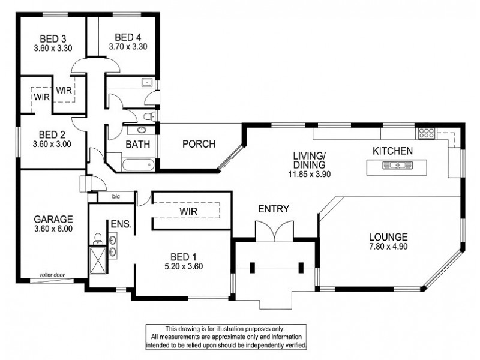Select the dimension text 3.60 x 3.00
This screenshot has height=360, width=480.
click(x=51, y=144)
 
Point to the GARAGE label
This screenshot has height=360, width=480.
click(x=53, y=218)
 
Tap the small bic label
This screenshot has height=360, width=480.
click(x=116, y=196)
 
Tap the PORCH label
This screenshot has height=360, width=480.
click(x=199, y=144)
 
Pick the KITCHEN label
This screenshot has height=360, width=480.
click(x=393, y=151)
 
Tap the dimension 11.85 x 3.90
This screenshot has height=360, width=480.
click(x=308, y=175)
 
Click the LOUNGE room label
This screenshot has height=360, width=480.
click(x=389, y=236)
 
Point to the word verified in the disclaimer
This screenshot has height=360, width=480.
click(x=293, y=346)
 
